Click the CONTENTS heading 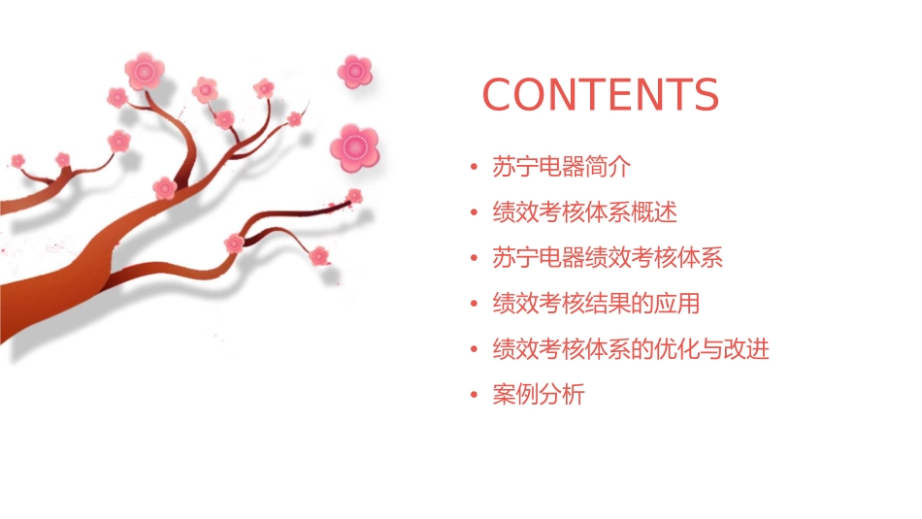(600, 95)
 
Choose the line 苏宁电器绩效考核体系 (608, 258)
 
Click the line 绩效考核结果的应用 (596, 304)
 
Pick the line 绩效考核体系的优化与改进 (631, 349)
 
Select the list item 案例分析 (539, 395)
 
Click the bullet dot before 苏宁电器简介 (474, 168)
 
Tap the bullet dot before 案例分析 (474, 396)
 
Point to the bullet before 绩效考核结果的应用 (474, 305)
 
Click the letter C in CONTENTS (500, 95)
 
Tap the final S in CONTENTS (704, 95)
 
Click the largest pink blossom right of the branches (353, 146)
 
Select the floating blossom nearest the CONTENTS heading (355, 71)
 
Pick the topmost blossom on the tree (145, 71)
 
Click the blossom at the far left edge (17, 160)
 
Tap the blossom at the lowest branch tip (319, 256)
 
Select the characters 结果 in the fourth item (619, 304)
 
